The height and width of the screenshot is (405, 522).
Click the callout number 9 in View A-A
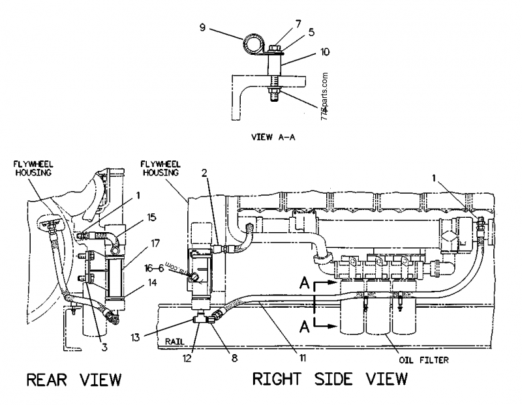[203, 27]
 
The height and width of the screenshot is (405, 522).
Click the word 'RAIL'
[175, 340]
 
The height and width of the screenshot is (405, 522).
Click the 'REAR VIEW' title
[74, 380]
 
